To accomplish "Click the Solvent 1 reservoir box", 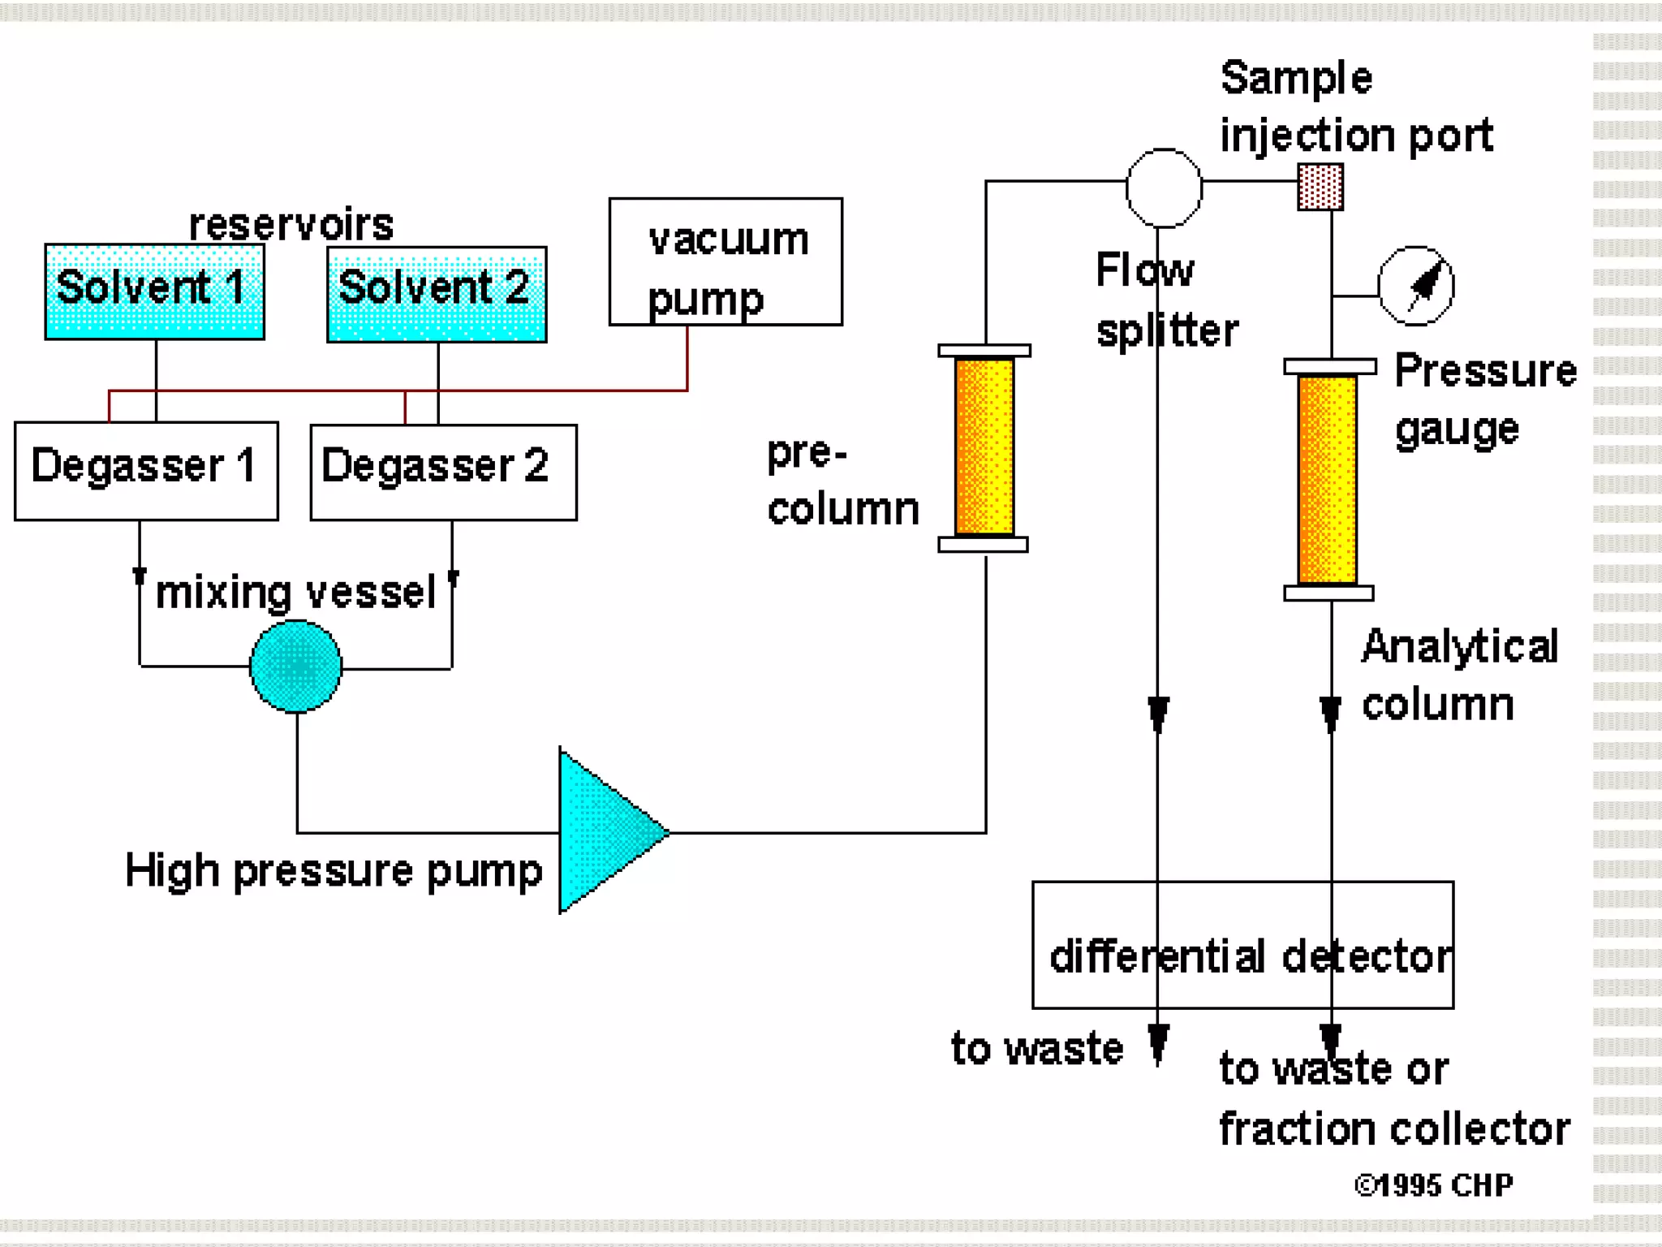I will pyautogui.click(x=154, y=291).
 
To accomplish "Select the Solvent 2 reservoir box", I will pyautogui.click(x=437, y=294).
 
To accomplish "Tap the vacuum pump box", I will pyautogui.click(x=726, y=261).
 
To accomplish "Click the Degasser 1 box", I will pyautogui.click(x=146, y=470).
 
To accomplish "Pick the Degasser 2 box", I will pyautogui.click(x=443, y=472).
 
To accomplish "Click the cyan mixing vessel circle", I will pyautogui.click(x=296, y=666).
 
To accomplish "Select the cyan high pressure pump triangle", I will pyautogui.click(x=605, y=831).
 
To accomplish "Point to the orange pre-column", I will pyautogui.click(x=984, y=447).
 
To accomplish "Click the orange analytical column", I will pyautogui.click(x=1328, y=479).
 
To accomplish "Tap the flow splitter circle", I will pyautogui.click(x=1164, y=188).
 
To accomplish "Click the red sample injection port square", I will pyautogui.click(x=1320, y=188).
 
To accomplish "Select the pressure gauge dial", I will pyautogui.click(x=1416, y=286).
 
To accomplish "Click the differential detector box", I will pyautogui.click(x=1242, y=944).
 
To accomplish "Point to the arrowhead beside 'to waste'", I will pyautogui.click(x=1158, y=1042).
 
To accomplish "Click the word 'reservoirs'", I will pyautogui.click(x=291, y=225).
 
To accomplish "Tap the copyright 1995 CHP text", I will pyautogui.click(x=1434, y=1184).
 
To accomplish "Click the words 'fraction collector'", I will pyautogui.click(x=1393, y=1129).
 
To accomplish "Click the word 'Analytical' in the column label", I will pyautogui.click(x=1459, y=647).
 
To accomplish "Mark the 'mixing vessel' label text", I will pyautogui.click(x=296, y=592).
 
